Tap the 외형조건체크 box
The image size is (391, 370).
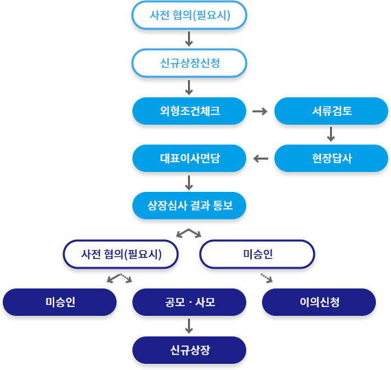click(189, 111)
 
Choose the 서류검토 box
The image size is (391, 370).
click(331, 111)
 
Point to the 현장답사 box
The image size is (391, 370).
click(331, 158)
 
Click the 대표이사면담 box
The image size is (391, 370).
click(189, 158)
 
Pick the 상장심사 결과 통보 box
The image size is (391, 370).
click(189, 206)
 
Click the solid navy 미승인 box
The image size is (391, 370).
click(60, 302)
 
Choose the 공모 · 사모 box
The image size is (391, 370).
click(189, 302)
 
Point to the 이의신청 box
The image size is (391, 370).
click(319, 302)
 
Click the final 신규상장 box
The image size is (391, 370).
click(189, 350)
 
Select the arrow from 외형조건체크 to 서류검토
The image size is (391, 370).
click(260, 111)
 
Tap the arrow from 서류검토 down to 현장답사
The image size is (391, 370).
click(331, 134)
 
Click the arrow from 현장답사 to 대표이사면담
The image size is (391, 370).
click(261, 158)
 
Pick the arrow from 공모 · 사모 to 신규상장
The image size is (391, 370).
click(189, 326)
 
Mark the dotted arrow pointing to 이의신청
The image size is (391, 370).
click(267, 278)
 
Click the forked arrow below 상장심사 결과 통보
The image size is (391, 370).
click(189, 230)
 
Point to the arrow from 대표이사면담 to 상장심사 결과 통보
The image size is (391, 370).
click(189, 183)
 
